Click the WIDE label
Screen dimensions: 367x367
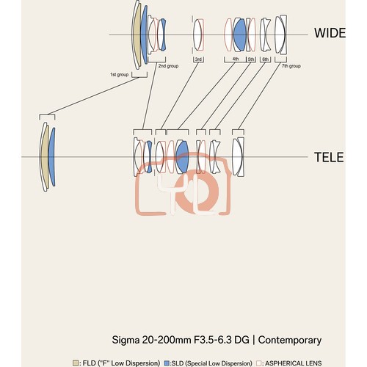pyautogui.click(x=330, y=33)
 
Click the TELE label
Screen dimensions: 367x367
pyautogui.click(x=329, y=157)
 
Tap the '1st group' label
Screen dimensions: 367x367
pyautogui.click(x=119, y=74)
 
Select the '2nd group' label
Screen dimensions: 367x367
pyautogui.click(x=168, y=66)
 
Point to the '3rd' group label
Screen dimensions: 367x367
pyautogui.click(x=198, y=59)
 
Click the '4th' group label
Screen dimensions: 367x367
pyautogui.click(x=236, y=59)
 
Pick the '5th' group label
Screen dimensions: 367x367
pyautogui.click(x=251, y=59)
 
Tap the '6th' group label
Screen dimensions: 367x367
pyautogui.click(x=266, y=59)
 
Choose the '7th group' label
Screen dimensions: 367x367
pyautogui.click(x=291, y=66)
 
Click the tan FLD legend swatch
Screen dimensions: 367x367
pyautogui.click(x=76, y=363)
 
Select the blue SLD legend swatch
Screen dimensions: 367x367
pyautogui.click(x=167, y=363)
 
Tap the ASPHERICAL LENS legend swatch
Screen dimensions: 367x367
pyautogui.click(x=258, y=363)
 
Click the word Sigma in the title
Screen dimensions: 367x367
pyautogui.click(x=126, y=340)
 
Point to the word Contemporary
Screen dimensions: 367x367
pyautogui.click(x=290, y=341)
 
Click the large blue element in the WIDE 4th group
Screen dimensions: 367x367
pyautogui.click(x=240, y=34)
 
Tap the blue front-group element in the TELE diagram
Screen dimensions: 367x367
pyautogui.click(x=52, y=156)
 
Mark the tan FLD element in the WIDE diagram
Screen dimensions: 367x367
pyautogui.click(x=137, y=34)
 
